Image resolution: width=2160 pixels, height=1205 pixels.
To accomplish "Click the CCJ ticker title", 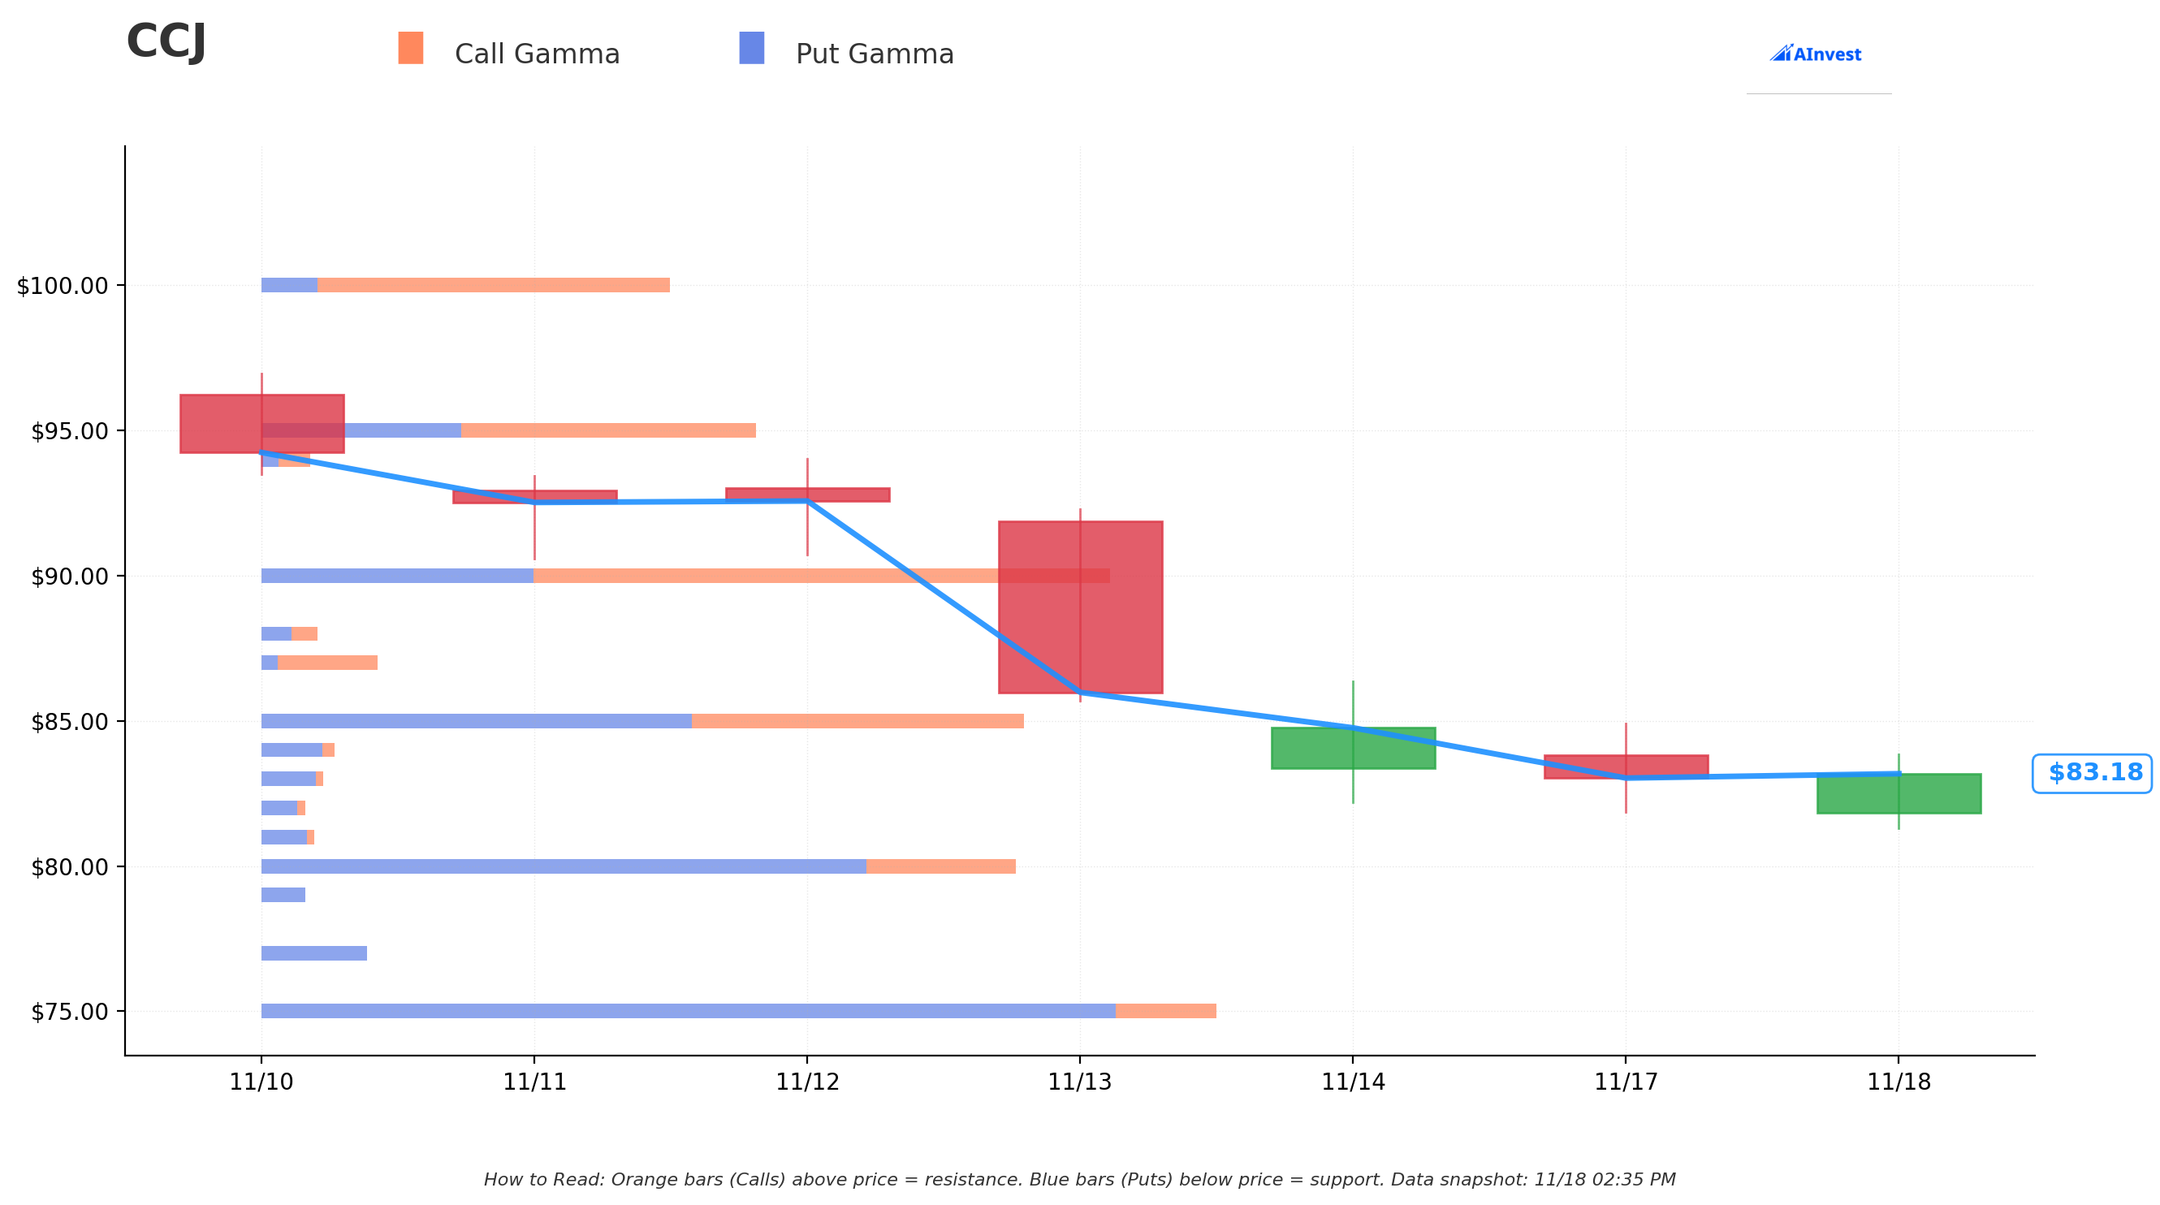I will point(166,42).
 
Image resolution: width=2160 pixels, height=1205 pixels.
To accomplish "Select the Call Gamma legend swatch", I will point(410,48).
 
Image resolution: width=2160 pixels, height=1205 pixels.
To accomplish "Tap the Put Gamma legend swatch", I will point(751,48).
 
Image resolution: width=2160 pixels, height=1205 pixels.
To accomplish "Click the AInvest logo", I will point(1816,54).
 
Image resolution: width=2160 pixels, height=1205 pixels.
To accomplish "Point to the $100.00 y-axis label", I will point(63,286).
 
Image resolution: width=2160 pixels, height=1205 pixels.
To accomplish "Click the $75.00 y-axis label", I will point(70,1012).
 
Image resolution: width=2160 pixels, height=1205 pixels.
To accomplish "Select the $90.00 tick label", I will point(70,577).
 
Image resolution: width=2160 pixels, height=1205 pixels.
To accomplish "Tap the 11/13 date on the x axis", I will point(1079,1082).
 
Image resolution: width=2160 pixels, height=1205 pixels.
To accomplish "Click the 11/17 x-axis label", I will point(1625,1082).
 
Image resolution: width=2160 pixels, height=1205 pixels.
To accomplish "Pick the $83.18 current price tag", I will point(2093,773).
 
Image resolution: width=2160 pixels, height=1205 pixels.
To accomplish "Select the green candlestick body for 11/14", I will point(1353,748).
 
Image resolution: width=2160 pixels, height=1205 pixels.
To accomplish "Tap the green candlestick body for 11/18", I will point(1899,793).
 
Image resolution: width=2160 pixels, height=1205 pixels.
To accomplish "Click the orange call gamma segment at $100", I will point(493,285).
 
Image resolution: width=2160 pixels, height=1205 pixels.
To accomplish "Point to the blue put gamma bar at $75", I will point(688,1011).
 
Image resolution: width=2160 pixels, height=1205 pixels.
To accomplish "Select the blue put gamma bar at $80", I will point(564,866).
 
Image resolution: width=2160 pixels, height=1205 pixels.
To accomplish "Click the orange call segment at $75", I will point(1165,1011).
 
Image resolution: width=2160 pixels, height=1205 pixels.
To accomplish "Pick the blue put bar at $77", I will point(313,953).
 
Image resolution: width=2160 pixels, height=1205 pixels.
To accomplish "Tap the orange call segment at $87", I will point(327,663).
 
